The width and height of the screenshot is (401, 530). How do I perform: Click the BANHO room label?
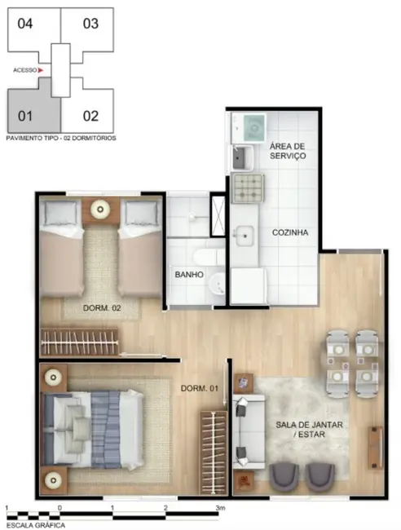(x=189, y=275)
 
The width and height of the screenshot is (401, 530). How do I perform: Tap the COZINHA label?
(x=290, y=232)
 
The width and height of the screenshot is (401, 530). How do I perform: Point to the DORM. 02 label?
(x=103, y=308)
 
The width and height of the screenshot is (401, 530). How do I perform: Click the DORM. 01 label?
(x=199, y=386)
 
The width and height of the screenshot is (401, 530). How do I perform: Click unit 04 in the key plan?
(x=25, y=23)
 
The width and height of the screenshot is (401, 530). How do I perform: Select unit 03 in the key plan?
(x=90, y=23)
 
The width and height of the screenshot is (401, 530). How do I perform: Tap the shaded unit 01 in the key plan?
(x=25, y=115)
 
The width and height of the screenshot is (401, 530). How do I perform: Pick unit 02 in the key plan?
(x=90, y=115)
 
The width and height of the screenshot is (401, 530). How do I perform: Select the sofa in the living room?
(x=247, y=431)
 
